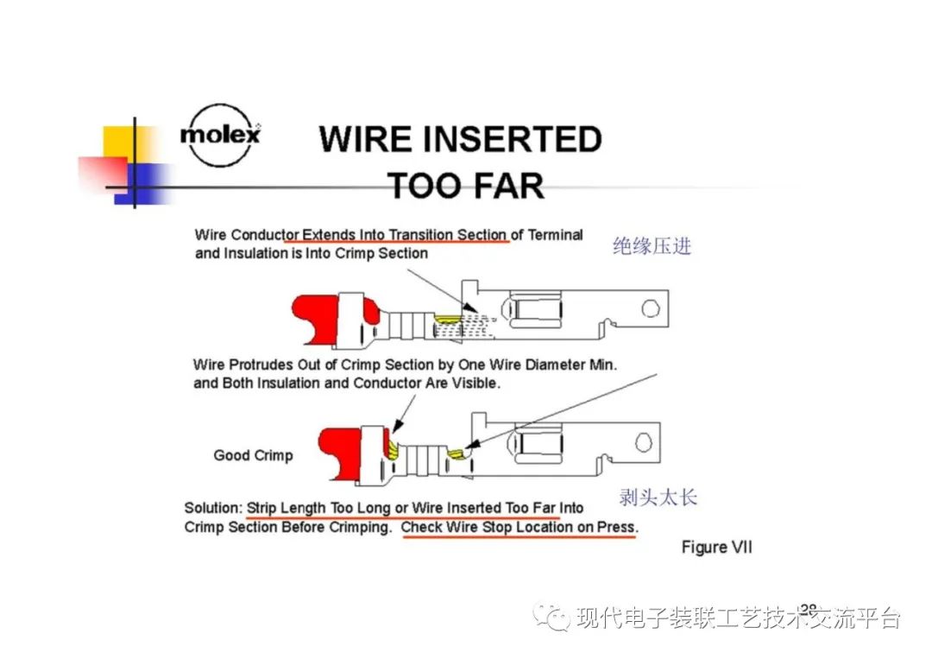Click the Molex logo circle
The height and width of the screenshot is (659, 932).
(x=220, y=136)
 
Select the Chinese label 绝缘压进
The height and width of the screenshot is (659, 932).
(x=652, y=246)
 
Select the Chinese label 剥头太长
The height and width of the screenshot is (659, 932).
(x=658, y=497)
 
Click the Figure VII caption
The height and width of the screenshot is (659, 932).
(x=716, y=548)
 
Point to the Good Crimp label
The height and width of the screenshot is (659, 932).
(x=253, y=455)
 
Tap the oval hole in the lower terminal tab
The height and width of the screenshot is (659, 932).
(x=643, y=441)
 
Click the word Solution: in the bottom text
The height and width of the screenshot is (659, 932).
(x=213, y=508)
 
